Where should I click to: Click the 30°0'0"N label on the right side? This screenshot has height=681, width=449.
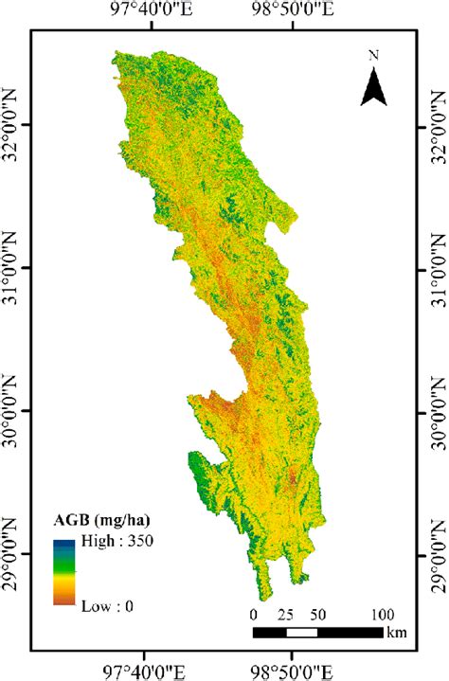pyautogui.click(x=439, y=411)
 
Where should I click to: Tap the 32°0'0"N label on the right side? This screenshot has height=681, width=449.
pyautogui.click(x=439, y=125)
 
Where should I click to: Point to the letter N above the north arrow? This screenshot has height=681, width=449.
pyautogui.click(x=374, y=55)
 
